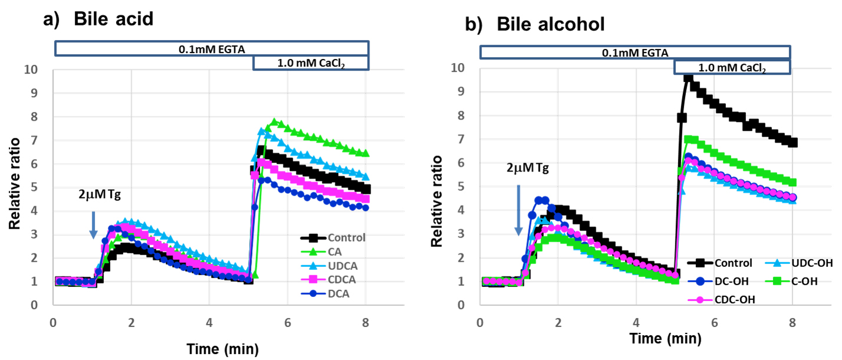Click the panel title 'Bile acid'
click(x=113, y=19)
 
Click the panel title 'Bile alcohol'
click(x=551, y=25)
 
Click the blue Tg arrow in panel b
click(x=518, y=210)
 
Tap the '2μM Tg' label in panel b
click(x=527, y=168)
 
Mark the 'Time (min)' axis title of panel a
click(x=222, y=348)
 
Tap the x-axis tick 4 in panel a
click(x=209, y=322)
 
